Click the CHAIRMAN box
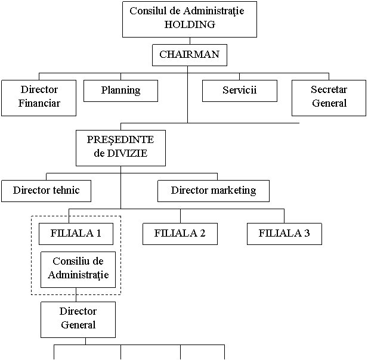tap(190, 55)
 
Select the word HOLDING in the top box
tap(190, 24)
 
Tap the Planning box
tap(120, 91)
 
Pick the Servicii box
tap(240, 91)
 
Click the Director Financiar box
tap(39, 98)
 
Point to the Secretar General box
tap(329, 98)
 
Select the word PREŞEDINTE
tap(120, 140)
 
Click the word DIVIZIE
tap(127, 153)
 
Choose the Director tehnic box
tap(47, 191)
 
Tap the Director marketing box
tap(214, 191)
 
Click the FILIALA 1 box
tap(76, 234)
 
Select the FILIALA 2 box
tap(180, 234)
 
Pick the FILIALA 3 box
tap(284, 234)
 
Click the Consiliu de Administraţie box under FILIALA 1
tap(78, 270)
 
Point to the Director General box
tap(78, 319)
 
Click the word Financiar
tap(39, 103)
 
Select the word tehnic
tap(66, 190)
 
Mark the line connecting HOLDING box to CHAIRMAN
tap(190, 41)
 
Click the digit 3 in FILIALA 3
tap(307, 234)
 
